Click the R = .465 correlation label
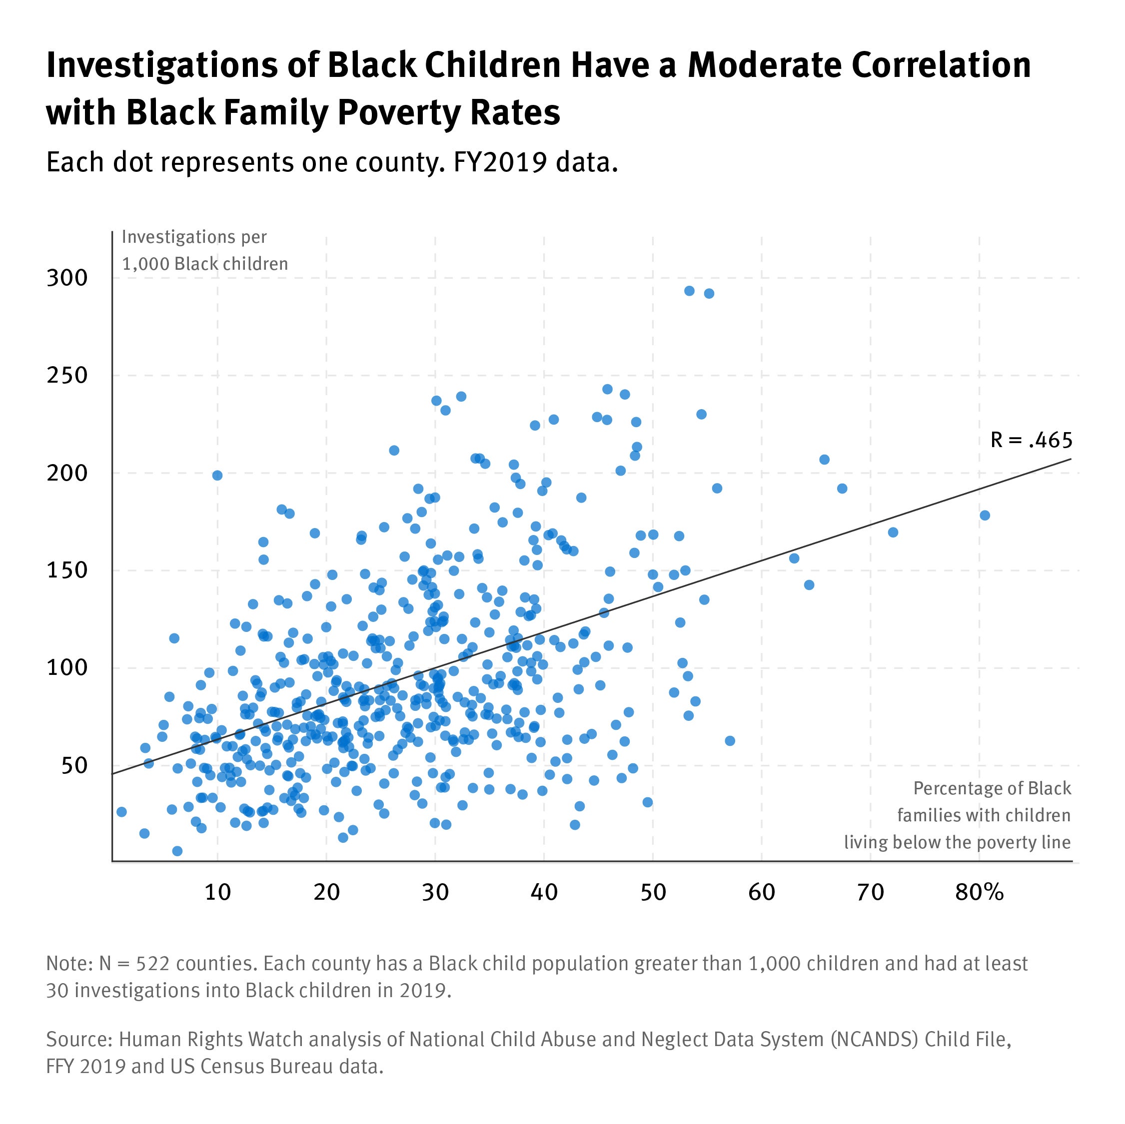(x=1031, y=441)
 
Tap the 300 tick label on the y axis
(x=67, y=278)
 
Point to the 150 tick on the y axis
(x=67, y=570)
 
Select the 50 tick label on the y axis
(x=74, y=766)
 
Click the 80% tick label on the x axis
(x=980, y=892)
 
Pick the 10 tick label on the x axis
(x=218, y=892)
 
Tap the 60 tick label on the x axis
(x=762, y=892)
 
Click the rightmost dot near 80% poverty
(x=985, y=515)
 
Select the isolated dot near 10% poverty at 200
(x=217, y=475)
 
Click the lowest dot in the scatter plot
(x=177, y=851)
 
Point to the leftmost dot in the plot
(x=122, y=811)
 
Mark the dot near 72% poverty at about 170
(x=893, y=532)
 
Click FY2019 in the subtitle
(x=500, y=162)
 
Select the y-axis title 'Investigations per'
(x=194, y=237)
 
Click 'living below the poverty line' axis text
(x=957, y=842)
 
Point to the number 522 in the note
(x=152, y=963)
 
